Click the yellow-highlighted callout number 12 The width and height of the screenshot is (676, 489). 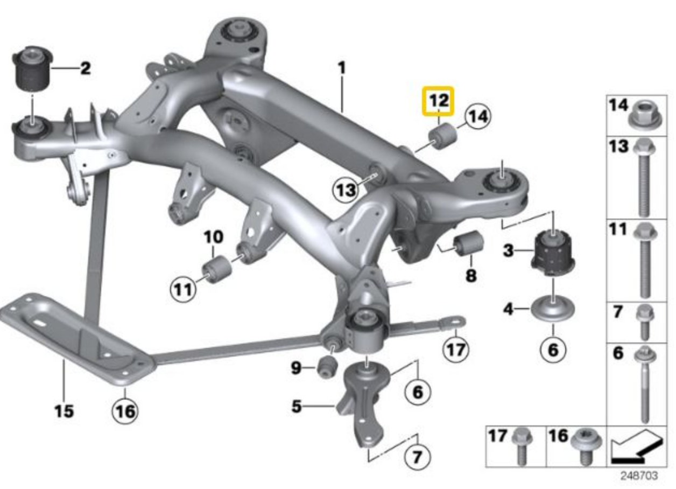pyautogui.click(x=438, y=101)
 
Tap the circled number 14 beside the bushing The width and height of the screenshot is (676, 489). pyautogui.click(x=478, y=116)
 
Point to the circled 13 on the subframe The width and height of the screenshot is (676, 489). pyautogui.click(x=344, y=190)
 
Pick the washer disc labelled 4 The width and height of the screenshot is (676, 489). pyautogui.click(x=553, y=310)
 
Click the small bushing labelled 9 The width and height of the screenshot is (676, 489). pyautogui.click(x=327, y=367)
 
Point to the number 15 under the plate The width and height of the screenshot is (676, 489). pyautogui.click(x=63, y=411)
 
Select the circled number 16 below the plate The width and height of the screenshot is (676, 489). pyautogui.click(x=125, y=411)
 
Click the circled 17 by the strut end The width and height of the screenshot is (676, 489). pyautogui.click(x=455, y=350)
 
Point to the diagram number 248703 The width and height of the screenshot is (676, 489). pyautogui.click(x=639, y=477)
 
